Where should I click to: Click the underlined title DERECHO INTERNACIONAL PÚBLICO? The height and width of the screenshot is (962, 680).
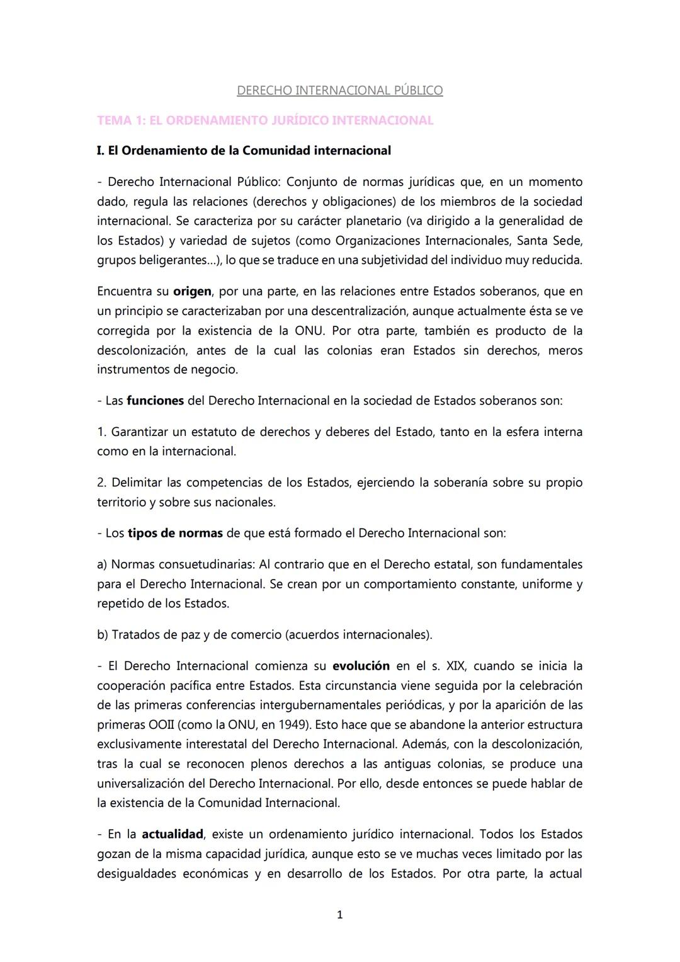339,91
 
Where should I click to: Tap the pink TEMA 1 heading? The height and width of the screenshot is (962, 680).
265,120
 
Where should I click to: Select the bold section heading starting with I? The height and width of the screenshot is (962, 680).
244,151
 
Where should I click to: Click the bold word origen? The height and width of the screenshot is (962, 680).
191,292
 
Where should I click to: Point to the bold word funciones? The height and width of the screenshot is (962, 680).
155,401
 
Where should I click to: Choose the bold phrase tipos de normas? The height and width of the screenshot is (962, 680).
175,533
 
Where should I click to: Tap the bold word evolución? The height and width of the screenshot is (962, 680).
361,666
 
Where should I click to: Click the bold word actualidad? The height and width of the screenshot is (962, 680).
172,834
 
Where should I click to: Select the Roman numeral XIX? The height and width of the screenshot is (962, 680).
454,666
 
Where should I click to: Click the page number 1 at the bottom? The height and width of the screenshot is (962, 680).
340,915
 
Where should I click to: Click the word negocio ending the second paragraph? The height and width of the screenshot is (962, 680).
213,370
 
